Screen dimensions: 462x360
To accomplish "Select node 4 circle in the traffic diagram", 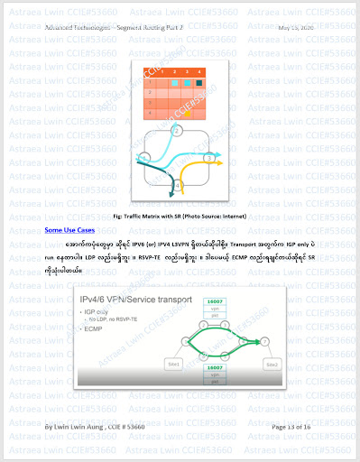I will tap(178, 185).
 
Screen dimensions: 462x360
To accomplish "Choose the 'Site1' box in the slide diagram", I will tap(174, 365).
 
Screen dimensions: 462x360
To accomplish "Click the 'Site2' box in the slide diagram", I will tap(272, 365).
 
